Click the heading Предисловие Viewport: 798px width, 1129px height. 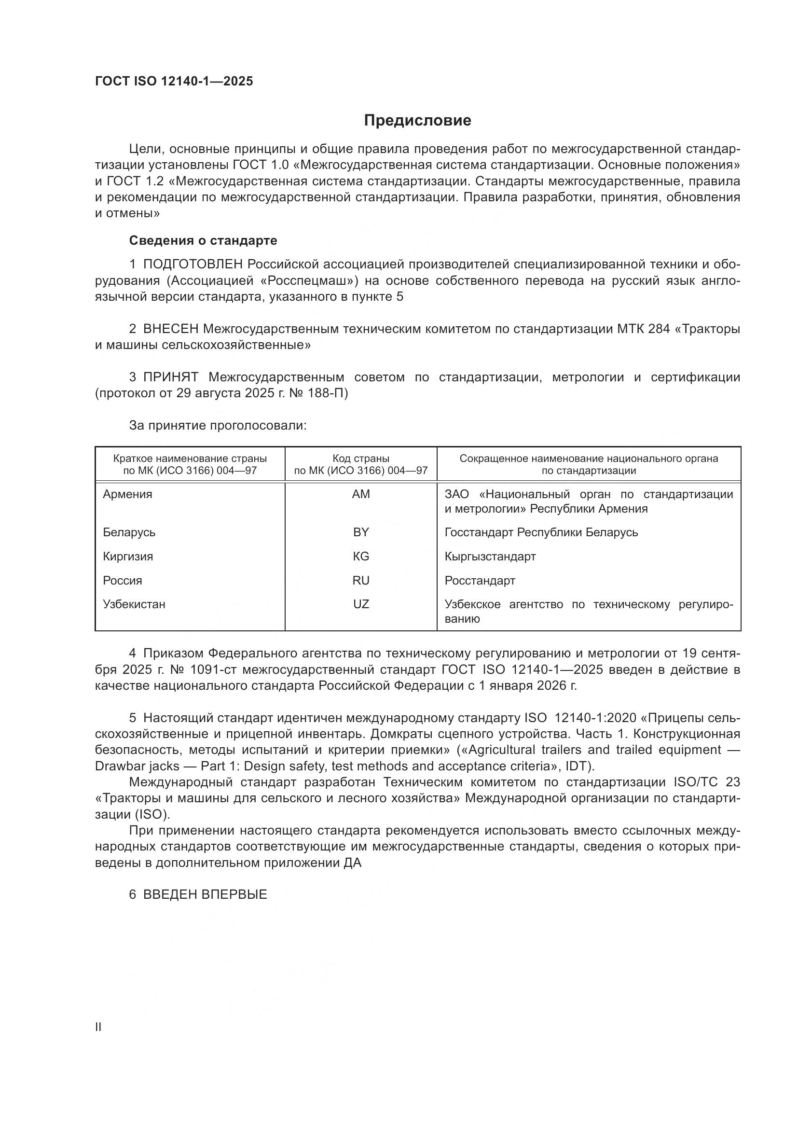click(417, 121)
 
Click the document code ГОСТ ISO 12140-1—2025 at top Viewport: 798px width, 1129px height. click(174, 81)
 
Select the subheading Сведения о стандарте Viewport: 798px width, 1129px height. click(203, 240)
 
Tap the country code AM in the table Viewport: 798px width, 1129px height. click(361, 494)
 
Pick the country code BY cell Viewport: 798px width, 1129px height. click(361, 532)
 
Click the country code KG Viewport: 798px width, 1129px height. click(361, 556)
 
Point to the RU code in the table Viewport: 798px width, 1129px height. click(361, 580)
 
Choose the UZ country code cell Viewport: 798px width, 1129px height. click(361, 604)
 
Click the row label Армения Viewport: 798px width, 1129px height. click(127, 494)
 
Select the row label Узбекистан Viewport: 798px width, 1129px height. click(134, 604)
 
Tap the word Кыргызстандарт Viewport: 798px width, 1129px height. click(490, 556)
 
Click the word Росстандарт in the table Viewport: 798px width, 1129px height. click(480, 580)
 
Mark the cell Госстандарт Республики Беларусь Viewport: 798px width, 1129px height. click(541, 532)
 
